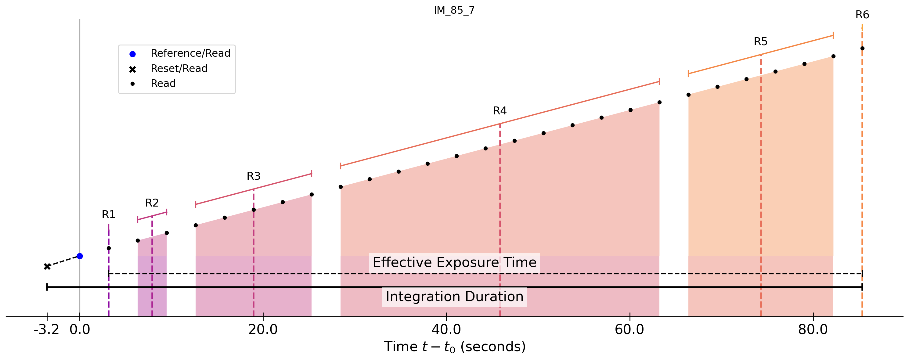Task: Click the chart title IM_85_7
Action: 454,10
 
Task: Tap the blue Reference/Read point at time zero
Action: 80,256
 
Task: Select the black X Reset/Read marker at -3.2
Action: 47,266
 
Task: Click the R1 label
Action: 108,214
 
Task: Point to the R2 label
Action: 152,203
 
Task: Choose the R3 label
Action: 253,176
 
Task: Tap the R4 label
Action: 500,111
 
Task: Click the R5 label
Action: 760,42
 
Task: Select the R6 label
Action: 862,15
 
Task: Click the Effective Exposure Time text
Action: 454,262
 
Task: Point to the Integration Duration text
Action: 454,297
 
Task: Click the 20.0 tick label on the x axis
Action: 263,330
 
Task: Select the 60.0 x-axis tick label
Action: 629,330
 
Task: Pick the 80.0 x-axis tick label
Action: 813,330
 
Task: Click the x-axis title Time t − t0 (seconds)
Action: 455,347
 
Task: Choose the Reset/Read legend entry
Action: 179,68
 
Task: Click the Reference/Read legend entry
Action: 190,53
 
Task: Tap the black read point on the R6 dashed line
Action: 862,48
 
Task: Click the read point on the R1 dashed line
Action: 109,248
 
